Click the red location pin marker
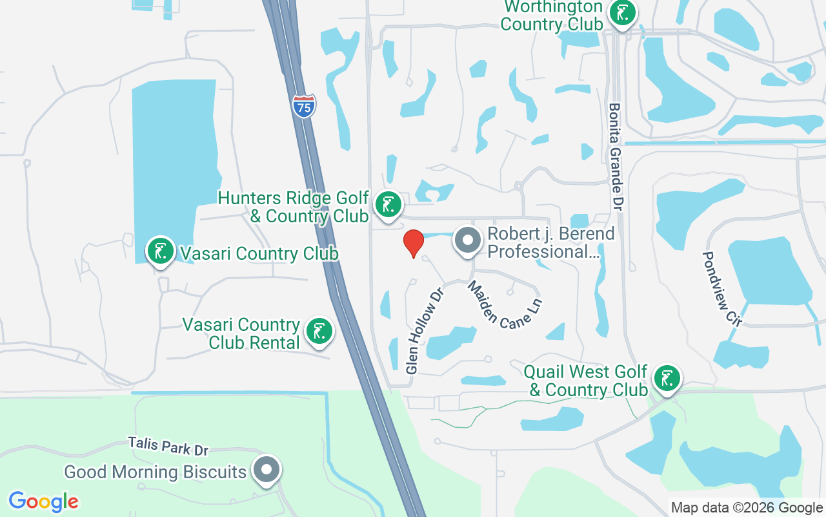413,243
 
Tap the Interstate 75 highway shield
304,105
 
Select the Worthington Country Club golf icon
622,13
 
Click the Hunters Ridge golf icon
388,205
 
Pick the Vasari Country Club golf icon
161,251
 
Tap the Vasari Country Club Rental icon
318,332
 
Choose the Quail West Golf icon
667,379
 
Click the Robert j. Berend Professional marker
468,240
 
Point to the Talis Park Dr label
168,446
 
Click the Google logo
44,501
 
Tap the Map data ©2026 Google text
747,508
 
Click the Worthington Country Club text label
552,16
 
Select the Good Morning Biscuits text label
155,472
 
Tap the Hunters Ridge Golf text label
294,206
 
